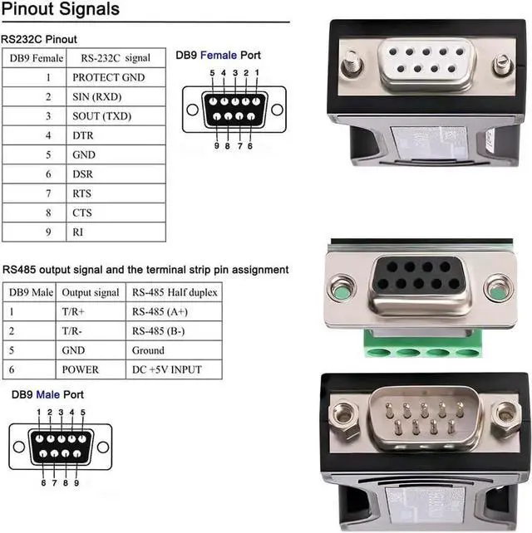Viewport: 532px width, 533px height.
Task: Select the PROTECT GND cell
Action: click(x=107, y=77)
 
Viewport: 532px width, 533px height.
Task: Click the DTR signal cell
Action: click(x=83, y=135)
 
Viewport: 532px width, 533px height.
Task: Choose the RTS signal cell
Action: click(x=82, y=193)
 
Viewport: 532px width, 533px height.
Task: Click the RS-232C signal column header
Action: click(x=116, y=58)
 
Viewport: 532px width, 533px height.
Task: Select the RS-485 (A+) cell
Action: click(x=158, y=311)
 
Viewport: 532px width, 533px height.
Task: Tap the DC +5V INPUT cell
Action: click(x=166, y=369)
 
